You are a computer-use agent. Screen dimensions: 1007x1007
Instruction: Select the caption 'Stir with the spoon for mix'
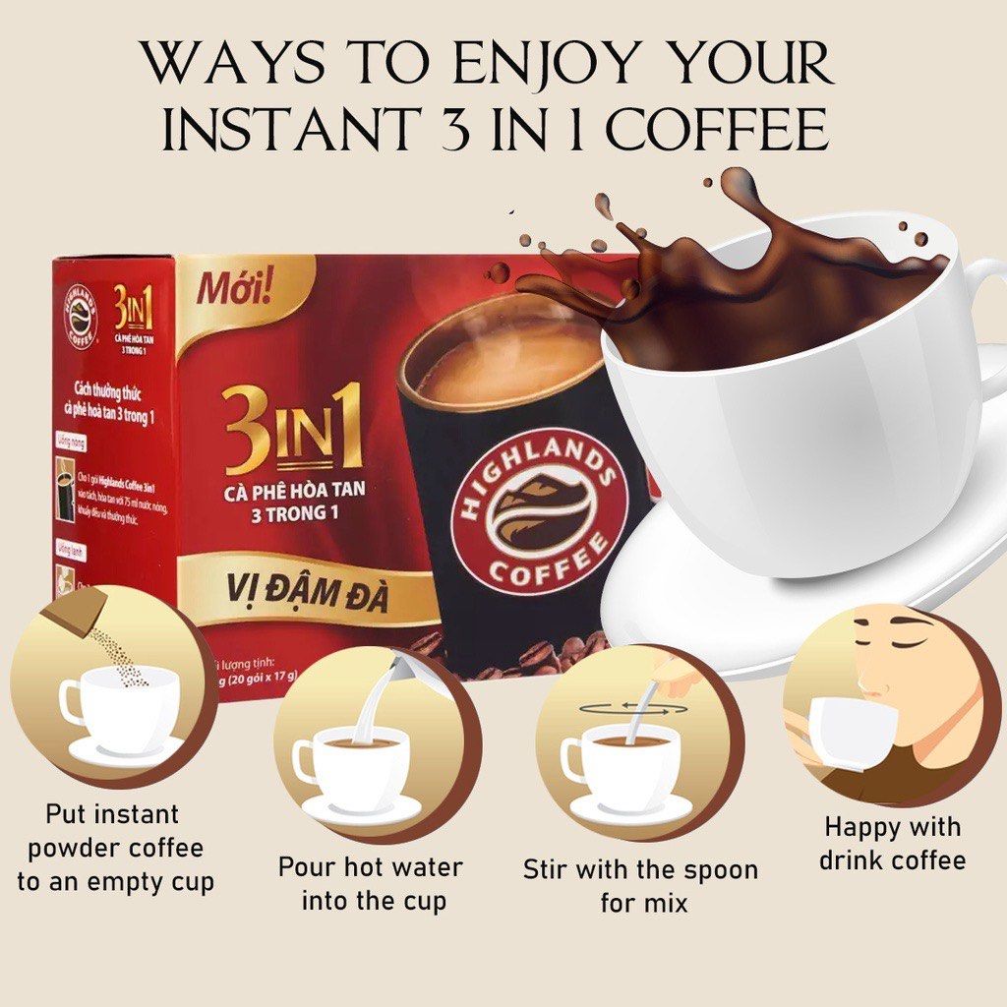click(x=639, y=884)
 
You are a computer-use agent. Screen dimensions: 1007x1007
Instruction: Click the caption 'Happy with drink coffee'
click(x=892, y=843)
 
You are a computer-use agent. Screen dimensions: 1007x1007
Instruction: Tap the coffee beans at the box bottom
click(x=531, y=658)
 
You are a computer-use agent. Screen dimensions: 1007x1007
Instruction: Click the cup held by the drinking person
click(x=846, y=733)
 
